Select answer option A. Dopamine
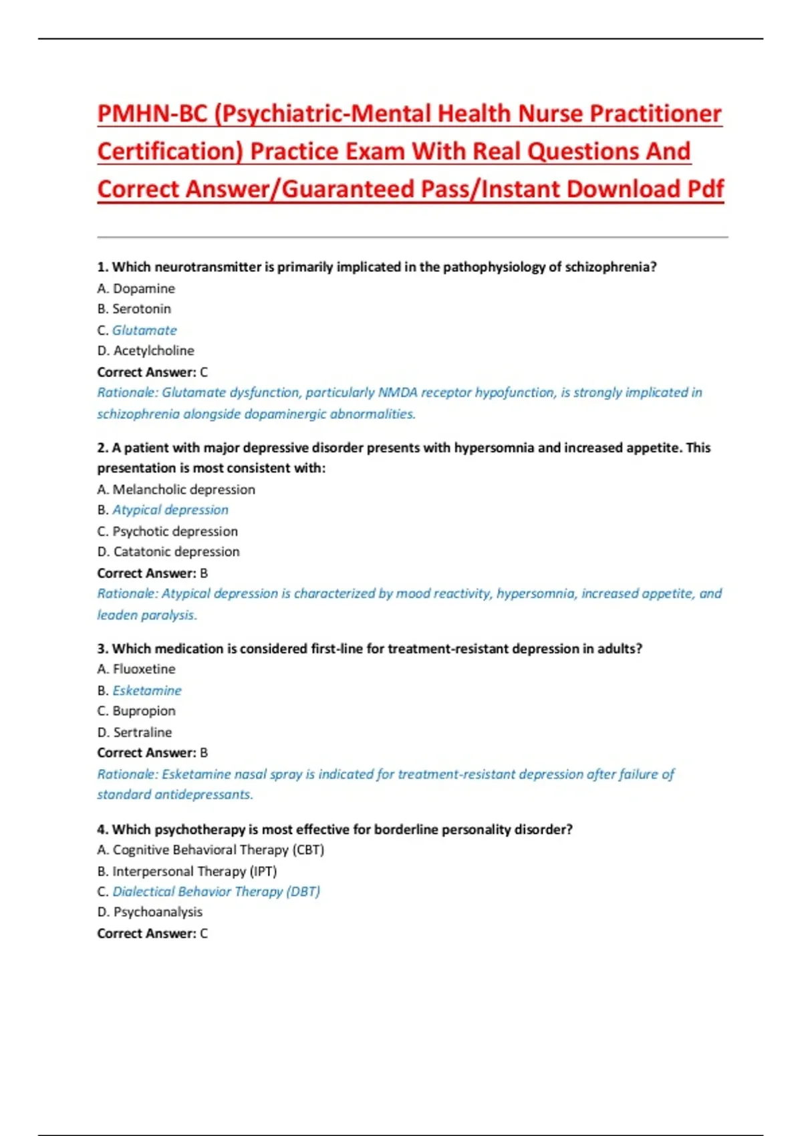pos(136,289)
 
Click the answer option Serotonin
pos(141,309)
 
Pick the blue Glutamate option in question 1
pos(144,330)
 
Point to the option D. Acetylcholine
pos(146,351)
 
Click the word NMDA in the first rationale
pos(398,392)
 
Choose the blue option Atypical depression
pos(170,510)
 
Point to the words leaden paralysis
pos(146,615)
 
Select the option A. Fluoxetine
pos(136,669)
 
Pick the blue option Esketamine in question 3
pos(147,690)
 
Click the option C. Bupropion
pos(136,711)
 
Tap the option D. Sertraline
pos(135,732)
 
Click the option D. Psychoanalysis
pos(150,912)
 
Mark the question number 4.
pos(102,829)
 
